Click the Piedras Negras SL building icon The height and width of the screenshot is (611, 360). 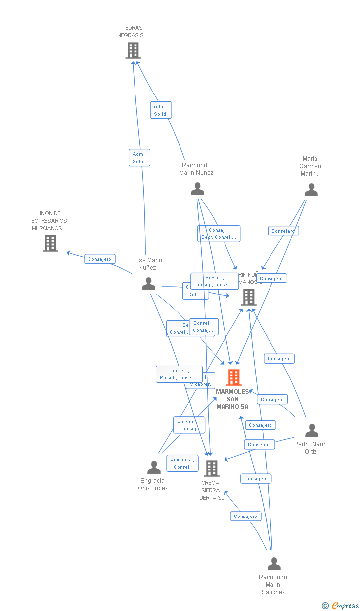click(x=133, y=50)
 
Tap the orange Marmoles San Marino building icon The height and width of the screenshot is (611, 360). click(x=234, y=377)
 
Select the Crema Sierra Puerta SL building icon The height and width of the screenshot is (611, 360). click(x=212, y=468)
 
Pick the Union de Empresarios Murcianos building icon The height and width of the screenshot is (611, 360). click(x=50, y=243)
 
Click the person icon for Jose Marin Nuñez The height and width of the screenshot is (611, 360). click(x=148, y=284)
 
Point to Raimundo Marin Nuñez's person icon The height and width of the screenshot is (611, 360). click(x=197, y=189)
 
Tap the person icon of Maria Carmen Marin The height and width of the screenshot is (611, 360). click(x=311, y=190)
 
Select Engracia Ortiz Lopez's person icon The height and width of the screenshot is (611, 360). click(x=154, y=468)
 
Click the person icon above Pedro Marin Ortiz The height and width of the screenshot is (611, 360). click(x=312, y=431)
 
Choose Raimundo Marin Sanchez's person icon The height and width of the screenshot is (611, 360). click(x=274, y=564)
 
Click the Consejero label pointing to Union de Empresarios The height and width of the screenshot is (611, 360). click(x=100, y=259)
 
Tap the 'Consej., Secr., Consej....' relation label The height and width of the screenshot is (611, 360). click(x=219, y=234)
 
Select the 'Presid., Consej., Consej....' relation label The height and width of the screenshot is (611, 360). click(x=215, y=281)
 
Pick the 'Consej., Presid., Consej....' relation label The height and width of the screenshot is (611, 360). click(x=179, y=374)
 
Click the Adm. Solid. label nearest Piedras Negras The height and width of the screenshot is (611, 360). click(x=161, y=110)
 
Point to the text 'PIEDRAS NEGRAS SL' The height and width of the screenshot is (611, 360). click(x=132, y=32)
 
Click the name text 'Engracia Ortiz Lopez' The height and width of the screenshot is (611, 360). click(x=153, y=484)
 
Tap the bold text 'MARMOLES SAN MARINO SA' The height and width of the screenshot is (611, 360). click(x=232, y=399)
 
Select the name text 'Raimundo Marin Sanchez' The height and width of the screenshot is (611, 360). click(x=272, y=584)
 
